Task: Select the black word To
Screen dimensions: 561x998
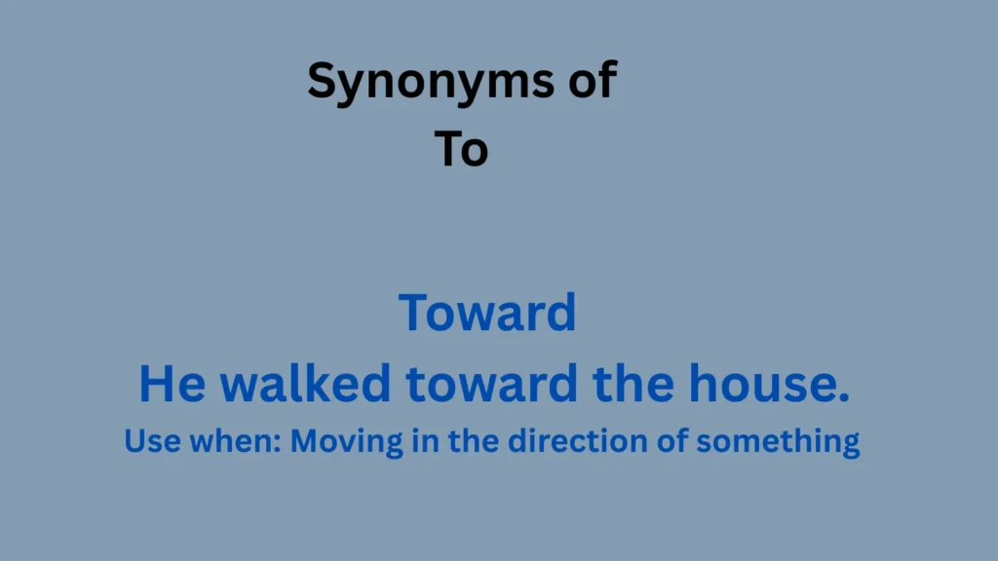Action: click(x=461, y=150)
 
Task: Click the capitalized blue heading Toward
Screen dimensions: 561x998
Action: click(x=487, y=313)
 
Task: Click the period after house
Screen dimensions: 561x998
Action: click(x=844, y=396)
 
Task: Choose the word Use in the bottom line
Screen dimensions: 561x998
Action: click(x=149, y=441)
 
